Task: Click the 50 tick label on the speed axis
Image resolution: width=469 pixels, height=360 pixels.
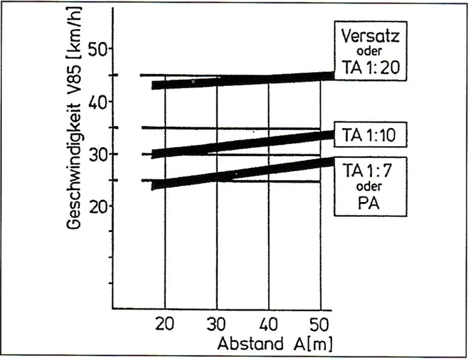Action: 96,49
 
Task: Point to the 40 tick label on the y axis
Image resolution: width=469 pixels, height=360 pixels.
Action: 96,101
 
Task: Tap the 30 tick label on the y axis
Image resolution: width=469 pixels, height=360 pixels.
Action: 96,154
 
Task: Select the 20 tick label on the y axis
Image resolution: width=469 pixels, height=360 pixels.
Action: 96,207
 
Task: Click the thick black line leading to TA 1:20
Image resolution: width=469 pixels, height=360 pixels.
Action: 241,80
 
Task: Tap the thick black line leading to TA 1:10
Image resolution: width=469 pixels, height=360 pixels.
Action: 241,143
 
